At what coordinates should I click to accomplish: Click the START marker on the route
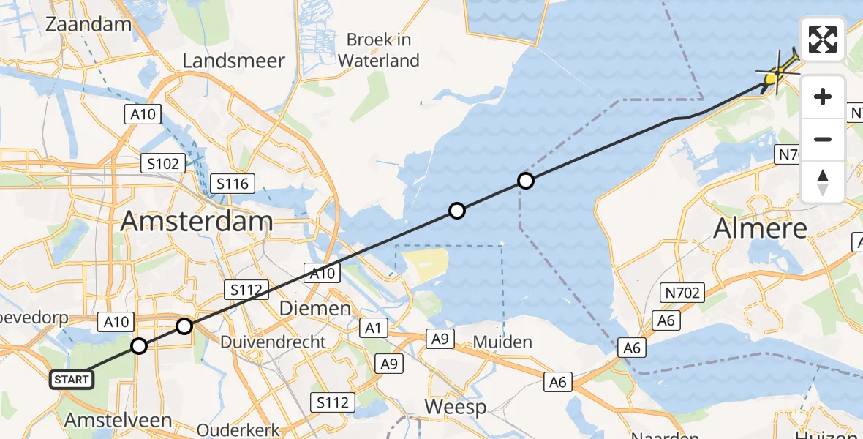click(x=72, y=379)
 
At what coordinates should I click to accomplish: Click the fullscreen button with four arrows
click(x=823, y=40)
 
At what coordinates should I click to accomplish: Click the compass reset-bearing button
click(x=823, y=182)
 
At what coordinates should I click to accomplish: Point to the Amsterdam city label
click(x=197, y=220)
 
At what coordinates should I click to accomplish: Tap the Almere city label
click(x=761, y=228)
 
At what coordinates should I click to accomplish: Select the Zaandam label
click(x=88, y=24)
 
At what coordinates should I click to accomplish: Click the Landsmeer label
click(x=233, y=61)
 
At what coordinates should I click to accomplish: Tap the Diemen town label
click(x=316, y=309)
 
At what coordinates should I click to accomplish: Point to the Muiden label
click(x=502, y=342)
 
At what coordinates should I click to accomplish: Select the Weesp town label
click(x=456, y=407)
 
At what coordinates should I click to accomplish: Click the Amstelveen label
click(x=118, y=420)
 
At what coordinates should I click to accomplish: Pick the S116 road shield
click(x=230, y=184)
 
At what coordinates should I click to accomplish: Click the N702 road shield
click(x=682, y=293)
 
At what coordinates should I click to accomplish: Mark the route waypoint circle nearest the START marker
click(x=139, y=346)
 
